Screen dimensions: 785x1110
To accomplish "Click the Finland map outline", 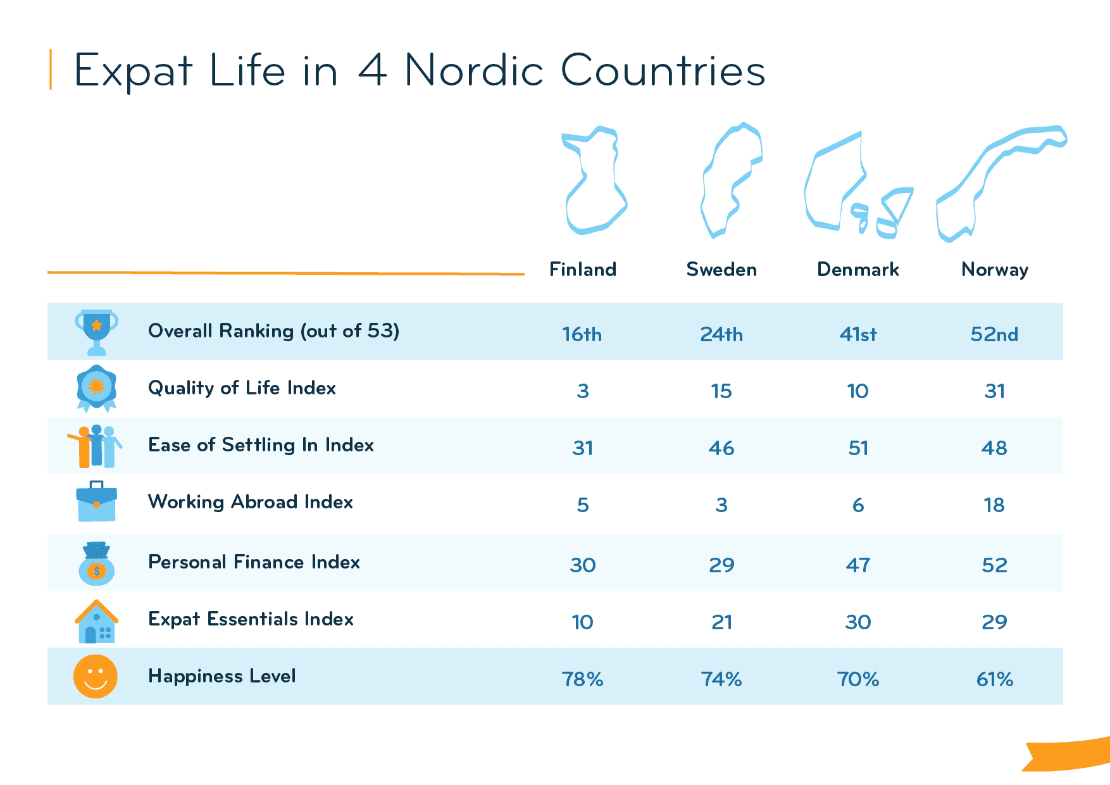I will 592,180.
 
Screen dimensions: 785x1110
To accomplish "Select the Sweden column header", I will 721,270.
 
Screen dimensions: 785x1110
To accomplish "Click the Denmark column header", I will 857,270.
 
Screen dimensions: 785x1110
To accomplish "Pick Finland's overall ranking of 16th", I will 582,334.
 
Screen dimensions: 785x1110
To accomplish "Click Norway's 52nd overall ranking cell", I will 994,334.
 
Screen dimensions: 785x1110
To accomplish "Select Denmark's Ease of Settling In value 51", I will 858,448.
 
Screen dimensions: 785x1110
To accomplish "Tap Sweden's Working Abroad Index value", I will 721,505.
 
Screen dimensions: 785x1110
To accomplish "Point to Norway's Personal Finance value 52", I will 994,565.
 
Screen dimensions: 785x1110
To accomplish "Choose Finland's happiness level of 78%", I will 582,679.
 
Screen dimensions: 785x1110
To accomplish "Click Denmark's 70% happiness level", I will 858,679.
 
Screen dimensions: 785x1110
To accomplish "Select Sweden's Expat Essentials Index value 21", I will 721,622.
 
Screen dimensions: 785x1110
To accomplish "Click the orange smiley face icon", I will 96,676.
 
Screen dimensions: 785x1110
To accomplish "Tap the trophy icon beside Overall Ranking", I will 96,331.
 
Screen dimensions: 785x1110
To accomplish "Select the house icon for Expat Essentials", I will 96,622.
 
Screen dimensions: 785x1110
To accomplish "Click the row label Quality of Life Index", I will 242,388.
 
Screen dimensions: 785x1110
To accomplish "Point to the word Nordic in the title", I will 474,70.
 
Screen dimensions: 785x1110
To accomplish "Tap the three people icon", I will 96,446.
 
